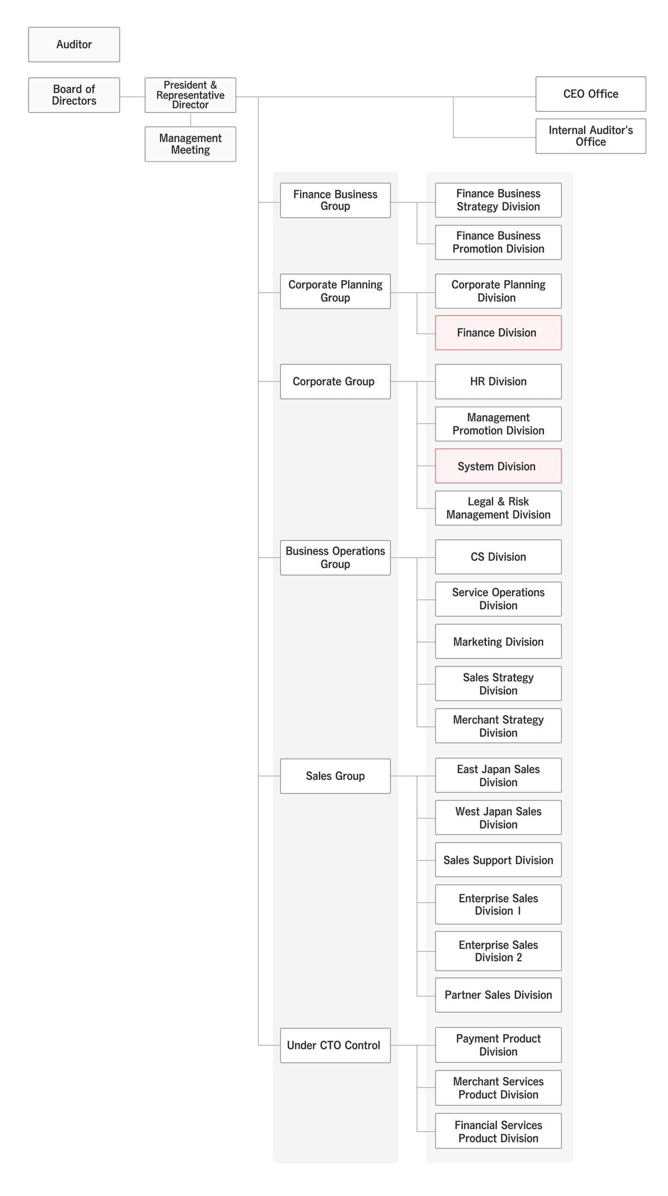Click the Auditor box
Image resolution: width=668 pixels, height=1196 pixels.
tap(74, 44)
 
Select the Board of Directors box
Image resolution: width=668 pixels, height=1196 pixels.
tap(74, 95)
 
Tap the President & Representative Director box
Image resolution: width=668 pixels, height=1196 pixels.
tap(190, 95)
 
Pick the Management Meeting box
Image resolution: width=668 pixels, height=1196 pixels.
tap(190, 144)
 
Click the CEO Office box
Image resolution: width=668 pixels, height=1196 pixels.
tap(590, 94)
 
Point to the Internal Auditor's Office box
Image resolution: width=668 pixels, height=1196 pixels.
tap(590, 136)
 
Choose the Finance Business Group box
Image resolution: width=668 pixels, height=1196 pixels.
tap(335, 200)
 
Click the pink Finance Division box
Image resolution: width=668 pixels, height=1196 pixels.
tap(498, 333)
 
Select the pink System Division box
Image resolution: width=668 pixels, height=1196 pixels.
tap(498, 466)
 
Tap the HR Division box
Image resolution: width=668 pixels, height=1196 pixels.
tap(498, 381)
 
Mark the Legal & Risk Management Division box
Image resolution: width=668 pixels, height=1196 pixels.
tap(498, 508)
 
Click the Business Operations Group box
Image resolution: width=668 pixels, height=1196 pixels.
tap(335, 557)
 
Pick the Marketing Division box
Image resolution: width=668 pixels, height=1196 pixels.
tap(498, 641)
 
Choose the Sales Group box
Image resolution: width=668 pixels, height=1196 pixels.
tap(335, 776)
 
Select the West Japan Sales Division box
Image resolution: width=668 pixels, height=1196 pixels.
tap(498, 817)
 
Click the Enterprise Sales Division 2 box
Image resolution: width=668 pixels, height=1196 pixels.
tap(498, 951)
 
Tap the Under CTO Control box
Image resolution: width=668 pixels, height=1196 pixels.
tap(335, 1045)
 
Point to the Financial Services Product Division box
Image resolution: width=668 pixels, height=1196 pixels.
tap(498, 1131)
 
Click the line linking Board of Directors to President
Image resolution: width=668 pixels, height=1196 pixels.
tap(132, 97)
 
